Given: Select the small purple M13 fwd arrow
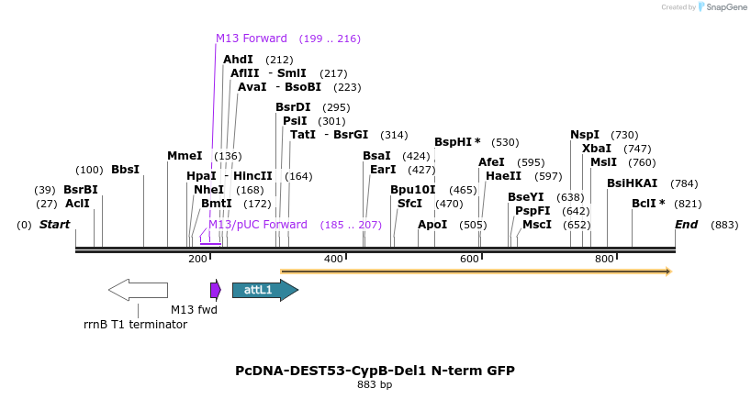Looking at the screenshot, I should tap(216, 290).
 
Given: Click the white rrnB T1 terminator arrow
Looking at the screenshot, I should tap(138, 290).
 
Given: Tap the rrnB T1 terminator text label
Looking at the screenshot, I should tap(135, 325).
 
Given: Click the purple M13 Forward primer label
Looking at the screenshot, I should tap(251, 39).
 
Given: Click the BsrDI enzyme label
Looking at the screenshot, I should tap(293, 107).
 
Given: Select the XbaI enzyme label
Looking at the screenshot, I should tap(597, 149).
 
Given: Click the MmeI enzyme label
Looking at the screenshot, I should tap(185, 156).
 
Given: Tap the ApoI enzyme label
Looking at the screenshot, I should tap(432, 225).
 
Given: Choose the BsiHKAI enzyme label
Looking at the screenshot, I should tap(632, 183).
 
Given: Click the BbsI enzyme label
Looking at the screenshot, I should tap(125, 170).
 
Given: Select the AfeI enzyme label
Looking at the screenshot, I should tap(491, 162).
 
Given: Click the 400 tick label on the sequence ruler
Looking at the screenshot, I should tap(333, 260).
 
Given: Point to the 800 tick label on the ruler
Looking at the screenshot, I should tap(604, 260).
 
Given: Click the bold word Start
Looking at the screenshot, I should tap(54, 225).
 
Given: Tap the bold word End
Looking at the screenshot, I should tap(686, 225).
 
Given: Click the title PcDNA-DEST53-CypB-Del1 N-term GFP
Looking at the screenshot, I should tap(375, 371).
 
